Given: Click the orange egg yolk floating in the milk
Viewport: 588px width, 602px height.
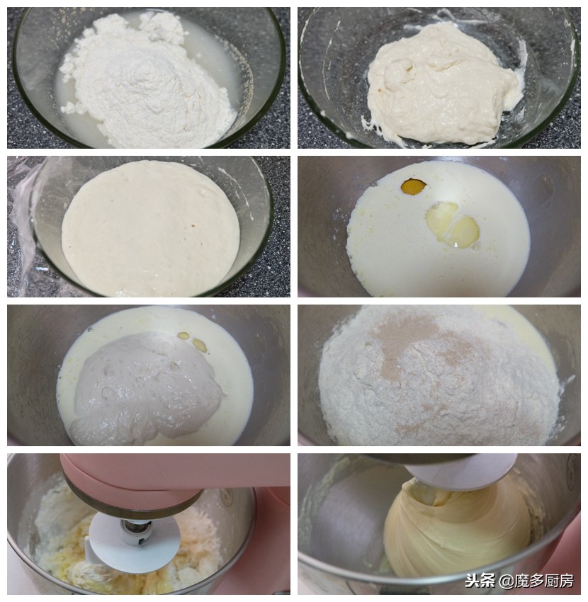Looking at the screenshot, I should [413, 186].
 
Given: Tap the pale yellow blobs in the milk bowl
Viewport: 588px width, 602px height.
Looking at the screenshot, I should [453, 225].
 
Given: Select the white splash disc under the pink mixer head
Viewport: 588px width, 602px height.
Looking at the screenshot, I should [135, 542].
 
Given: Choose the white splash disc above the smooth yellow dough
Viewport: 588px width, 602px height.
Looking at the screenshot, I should [464, 471].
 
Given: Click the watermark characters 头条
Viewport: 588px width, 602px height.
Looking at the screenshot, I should [480, 581].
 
